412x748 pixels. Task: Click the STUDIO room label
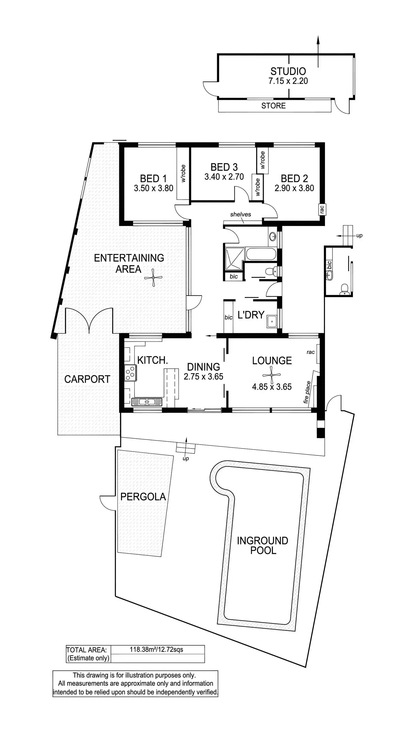(288, 71)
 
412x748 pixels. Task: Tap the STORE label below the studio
(273, 106)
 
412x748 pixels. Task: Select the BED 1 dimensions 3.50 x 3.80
(154, 188)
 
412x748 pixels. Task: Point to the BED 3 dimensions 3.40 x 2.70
(224, 177)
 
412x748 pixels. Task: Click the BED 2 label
(294, 178)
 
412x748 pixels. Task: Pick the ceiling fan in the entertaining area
(153, 278)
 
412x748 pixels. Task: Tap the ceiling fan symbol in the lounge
(271, 375)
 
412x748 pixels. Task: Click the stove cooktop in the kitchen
(130, 373)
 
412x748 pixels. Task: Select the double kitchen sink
(147, 402)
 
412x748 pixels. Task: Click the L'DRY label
(251, 315)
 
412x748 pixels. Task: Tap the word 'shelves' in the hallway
(240, 214)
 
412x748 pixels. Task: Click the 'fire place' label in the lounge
(307, 392)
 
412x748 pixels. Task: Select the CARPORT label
(87, 379)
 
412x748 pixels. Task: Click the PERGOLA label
(143, 497)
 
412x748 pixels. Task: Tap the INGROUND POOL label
(263, 545)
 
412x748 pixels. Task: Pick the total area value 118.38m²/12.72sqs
(156, 649)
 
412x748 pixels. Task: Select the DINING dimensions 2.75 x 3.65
(203, 377)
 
